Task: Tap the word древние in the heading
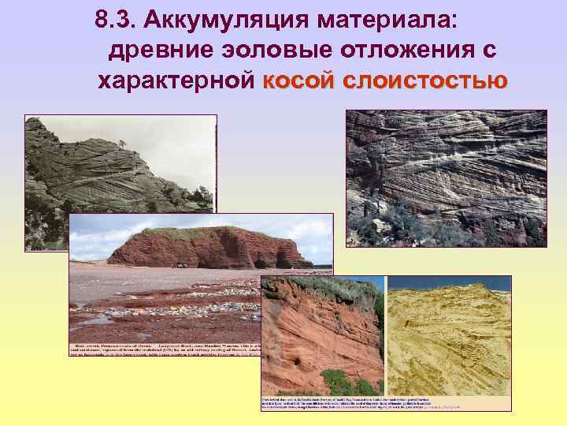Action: click(x=154, y=51)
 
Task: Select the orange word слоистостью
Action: click(x=426, y=80)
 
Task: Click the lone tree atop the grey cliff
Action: click(x=121, y=144)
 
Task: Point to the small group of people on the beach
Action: click(x=180, y=264)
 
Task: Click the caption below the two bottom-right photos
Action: click(x=386, y=402)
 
